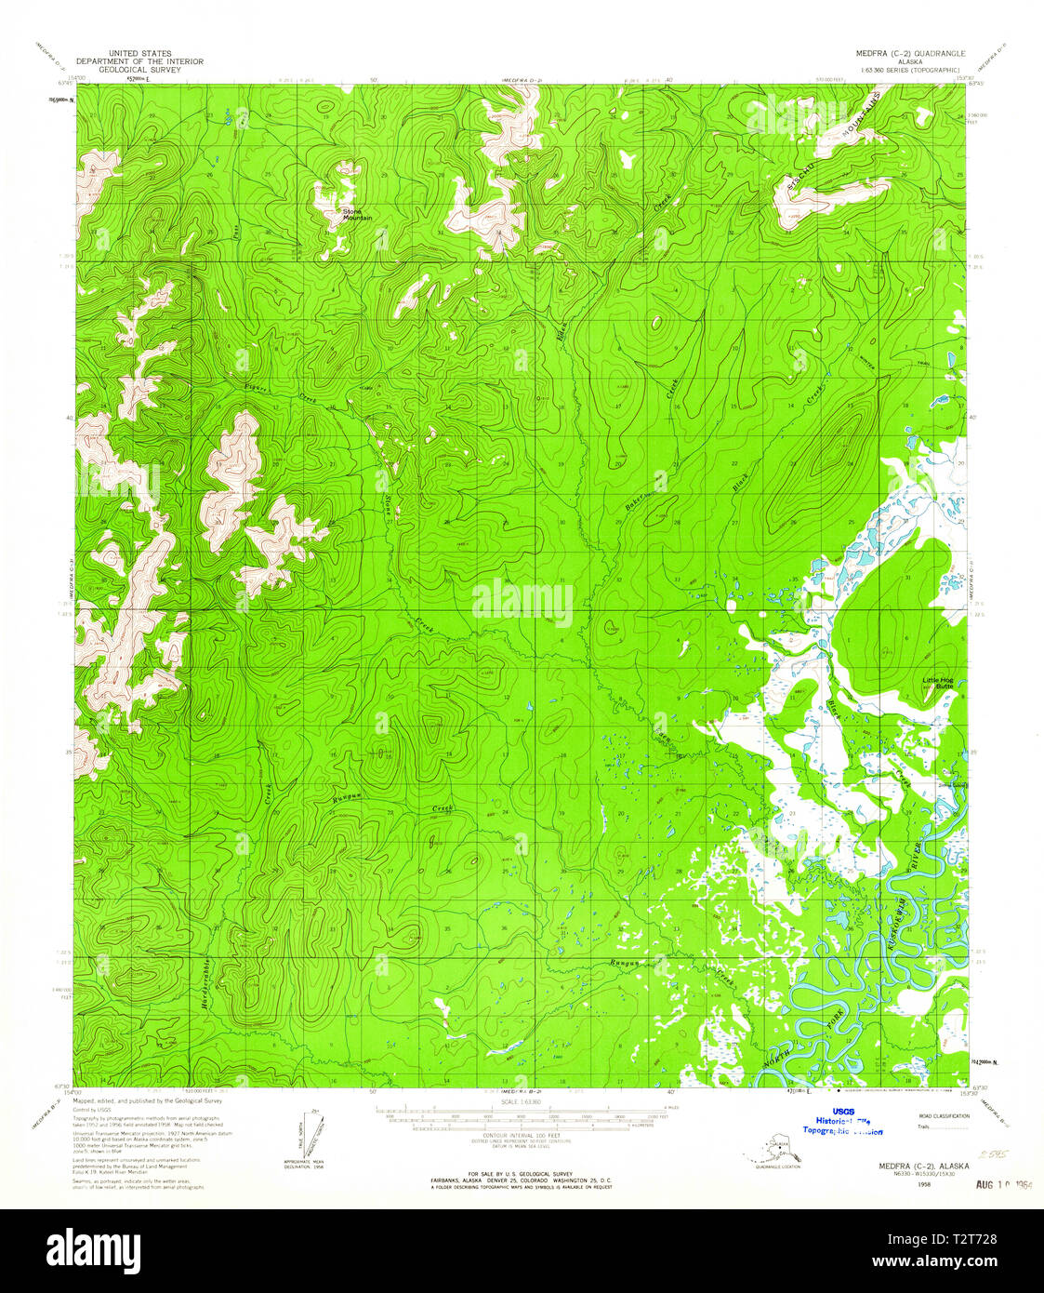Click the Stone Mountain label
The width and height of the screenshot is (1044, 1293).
point(357,215)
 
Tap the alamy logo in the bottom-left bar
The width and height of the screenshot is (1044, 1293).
point(93,1248)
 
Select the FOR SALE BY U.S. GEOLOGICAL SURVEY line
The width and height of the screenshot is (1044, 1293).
point(521,1174)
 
